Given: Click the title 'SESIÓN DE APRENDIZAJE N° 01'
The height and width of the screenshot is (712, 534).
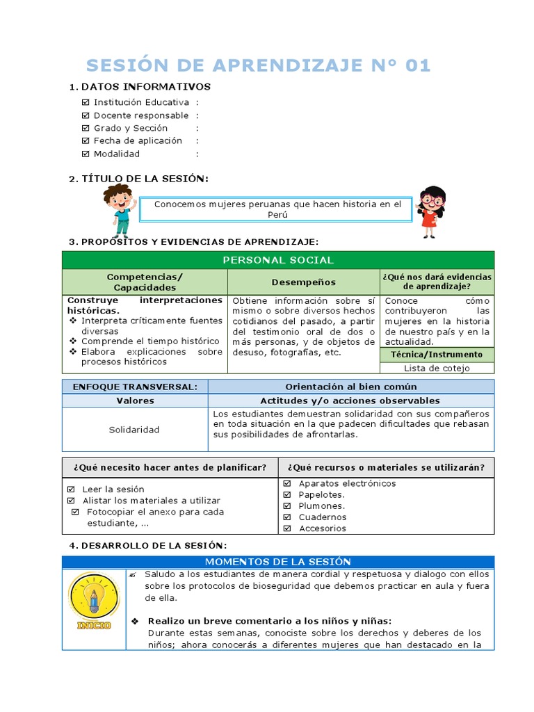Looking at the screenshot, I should [258, 65].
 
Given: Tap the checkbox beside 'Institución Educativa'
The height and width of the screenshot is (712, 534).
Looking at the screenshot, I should [86, 102].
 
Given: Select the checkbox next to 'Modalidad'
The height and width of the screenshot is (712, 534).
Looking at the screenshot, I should [86, 154].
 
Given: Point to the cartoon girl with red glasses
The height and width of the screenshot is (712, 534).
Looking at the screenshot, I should [431, 211].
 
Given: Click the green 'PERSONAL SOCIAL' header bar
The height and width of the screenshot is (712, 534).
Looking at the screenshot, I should [278, 260].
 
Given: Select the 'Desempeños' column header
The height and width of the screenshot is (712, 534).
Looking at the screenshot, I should [303, 282].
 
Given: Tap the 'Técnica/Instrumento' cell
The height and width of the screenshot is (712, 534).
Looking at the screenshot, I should [437, 355].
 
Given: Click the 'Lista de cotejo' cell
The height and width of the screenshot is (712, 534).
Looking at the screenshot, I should [437, 369].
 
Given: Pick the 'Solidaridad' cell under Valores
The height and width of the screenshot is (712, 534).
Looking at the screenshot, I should [134, 430].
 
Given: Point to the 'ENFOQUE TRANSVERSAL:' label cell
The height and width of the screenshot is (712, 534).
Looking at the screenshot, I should [134, 387].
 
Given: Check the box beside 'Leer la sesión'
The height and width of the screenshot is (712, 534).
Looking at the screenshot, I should [71, 489].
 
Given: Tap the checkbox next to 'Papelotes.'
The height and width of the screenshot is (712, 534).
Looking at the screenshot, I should [287, 494].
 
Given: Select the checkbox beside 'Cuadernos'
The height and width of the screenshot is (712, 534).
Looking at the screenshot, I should [287, 517].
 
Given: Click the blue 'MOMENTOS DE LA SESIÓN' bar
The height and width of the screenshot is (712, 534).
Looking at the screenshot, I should [278, 562].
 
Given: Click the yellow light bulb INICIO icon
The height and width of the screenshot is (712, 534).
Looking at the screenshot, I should [94, 599].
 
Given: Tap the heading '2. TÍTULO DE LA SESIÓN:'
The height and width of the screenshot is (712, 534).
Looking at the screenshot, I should [138, 179].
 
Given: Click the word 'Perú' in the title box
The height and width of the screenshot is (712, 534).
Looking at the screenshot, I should [277, 215].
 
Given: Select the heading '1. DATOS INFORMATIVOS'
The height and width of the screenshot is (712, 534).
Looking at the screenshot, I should [139, 87].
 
